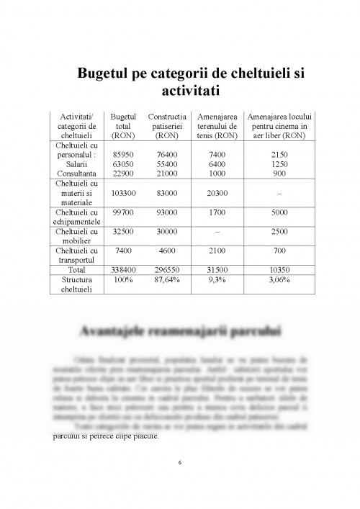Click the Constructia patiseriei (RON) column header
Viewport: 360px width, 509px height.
click(167, 125)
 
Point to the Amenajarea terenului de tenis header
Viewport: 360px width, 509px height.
click(217, 125)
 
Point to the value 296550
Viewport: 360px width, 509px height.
click(167, 269)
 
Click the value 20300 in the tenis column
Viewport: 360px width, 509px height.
click(217, 193)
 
